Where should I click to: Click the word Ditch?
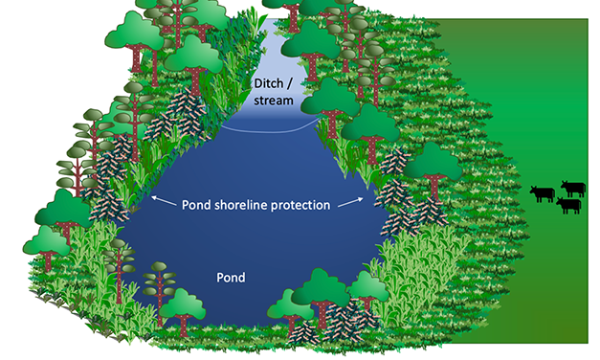pos(267,83)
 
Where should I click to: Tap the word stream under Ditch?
pos(274,100)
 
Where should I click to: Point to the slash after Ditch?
pos(290,83)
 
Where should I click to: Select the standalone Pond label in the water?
pos(232,279)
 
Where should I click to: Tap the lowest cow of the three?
pos(568,205)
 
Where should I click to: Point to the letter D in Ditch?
pos(256,83)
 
